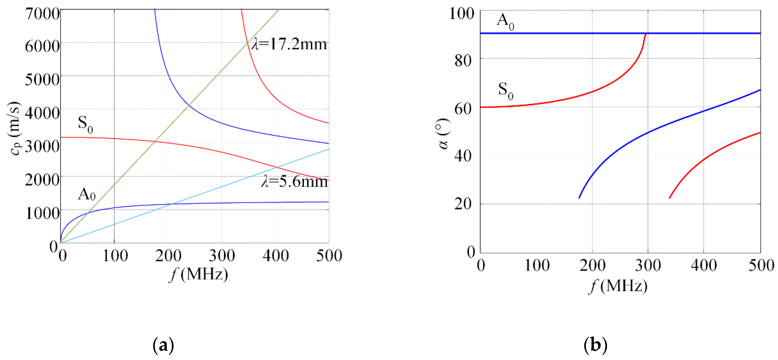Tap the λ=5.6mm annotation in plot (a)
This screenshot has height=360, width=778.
point(294,182)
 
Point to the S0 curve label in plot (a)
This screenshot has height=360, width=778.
point(85,124)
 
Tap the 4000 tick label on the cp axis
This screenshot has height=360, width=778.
point(42,113)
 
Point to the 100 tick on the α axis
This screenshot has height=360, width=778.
point(462,14)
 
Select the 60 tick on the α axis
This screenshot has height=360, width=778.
point(463,109)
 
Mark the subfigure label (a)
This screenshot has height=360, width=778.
point(163,345)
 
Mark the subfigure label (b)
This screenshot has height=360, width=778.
point(595,345)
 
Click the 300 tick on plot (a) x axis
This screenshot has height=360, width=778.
point(222,256)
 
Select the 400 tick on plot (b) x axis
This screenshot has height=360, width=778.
point(704,266)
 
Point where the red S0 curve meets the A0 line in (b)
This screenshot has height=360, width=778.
point(646,34)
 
